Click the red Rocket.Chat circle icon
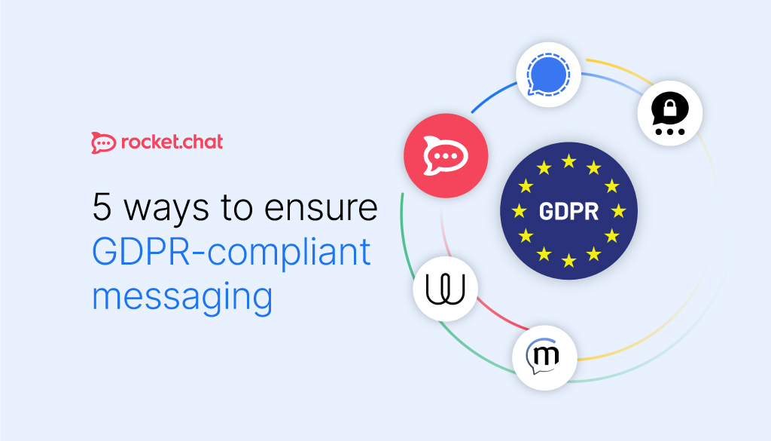446,155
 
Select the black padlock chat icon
670,113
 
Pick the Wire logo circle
445,288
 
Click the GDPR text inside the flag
568,211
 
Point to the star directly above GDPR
568,161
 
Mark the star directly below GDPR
568,261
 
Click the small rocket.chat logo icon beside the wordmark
102,142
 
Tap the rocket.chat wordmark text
172,141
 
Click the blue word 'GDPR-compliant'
232,252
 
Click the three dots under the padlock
670,131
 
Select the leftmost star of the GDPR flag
519,211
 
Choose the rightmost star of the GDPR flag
618,211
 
